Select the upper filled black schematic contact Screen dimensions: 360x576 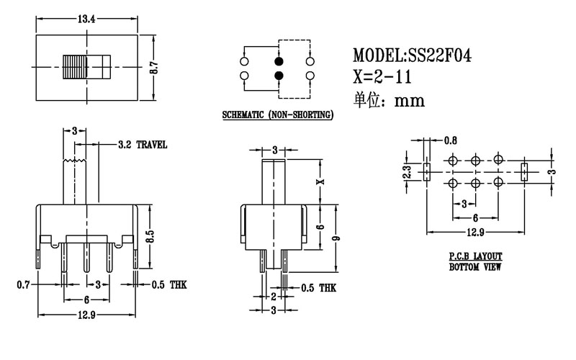(x=279, y=61)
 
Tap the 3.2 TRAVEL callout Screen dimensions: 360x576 (x=143, y=145)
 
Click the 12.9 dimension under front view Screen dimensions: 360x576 (x=87, y=317)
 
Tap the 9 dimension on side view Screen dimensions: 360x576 (x=336, y=238)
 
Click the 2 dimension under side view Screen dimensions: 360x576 (x=274, y=296)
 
